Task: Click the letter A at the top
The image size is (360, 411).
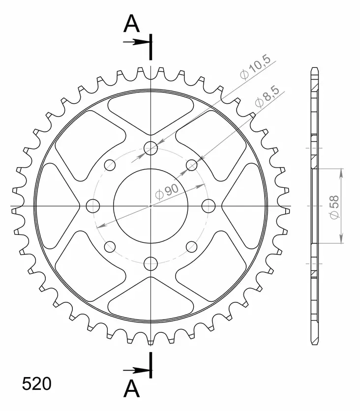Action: click(x=131, y=23)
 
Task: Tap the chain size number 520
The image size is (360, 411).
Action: click(x=37, y=384)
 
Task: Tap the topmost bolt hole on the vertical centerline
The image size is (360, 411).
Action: click(x=151, y=148)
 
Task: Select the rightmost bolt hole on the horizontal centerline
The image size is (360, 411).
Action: click(x=209, y=206)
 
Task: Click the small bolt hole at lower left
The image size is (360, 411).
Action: click(x=110, y=247)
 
